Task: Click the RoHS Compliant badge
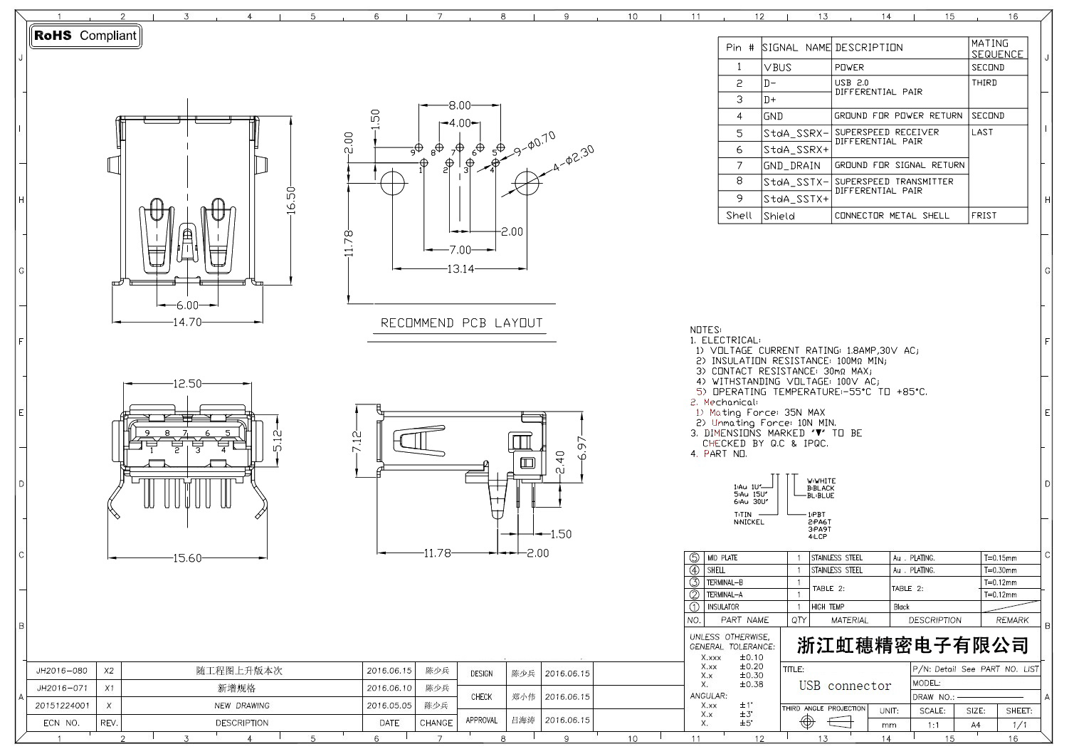[x=85, y=36]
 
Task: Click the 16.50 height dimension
[x=290, y=202]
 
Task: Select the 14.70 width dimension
[x=187, y=322]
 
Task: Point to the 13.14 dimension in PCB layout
[x=460, y=269]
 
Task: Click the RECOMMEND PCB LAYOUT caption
[x=461, y=323]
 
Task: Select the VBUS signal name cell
[x=778, y=68]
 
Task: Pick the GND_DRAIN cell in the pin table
[x=791, y=166]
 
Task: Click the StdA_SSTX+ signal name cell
[x=796, y=199]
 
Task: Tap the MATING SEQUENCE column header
[x=997, y=48]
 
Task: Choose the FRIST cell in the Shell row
[x=984, y=216]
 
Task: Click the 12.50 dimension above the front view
[x=187, y=384]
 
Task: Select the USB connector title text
[x=845, y=686]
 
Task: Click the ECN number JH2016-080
[x=62, y=671]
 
